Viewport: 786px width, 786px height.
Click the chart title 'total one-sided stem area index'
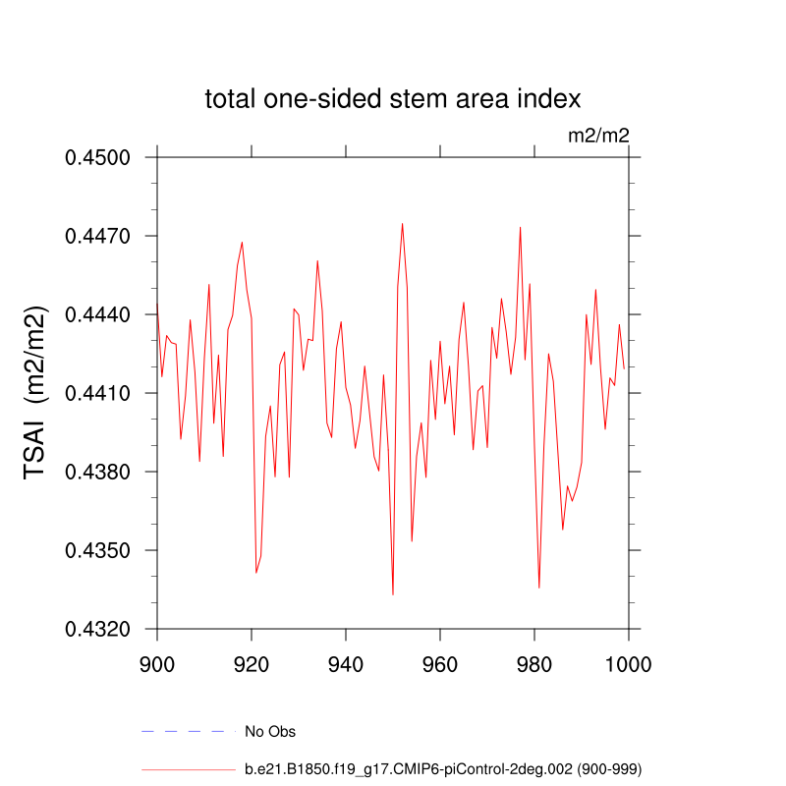(x=393, y=99)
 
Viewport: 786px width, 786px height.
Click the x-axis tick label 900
(x=157, y=663)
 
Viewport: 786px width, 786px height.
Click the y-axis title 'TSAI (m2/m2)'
(x=36, y=393)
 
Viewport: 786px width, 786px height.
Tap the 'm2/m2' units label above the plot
(x=598, y=136)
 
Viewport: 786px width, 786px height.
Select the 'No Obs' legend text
(x=270, y=732)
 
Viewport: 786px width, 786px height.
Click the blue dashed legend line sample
(x=189, y=732)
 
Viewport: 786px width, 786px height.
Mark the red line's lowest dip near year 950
(x=393, y=594)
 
